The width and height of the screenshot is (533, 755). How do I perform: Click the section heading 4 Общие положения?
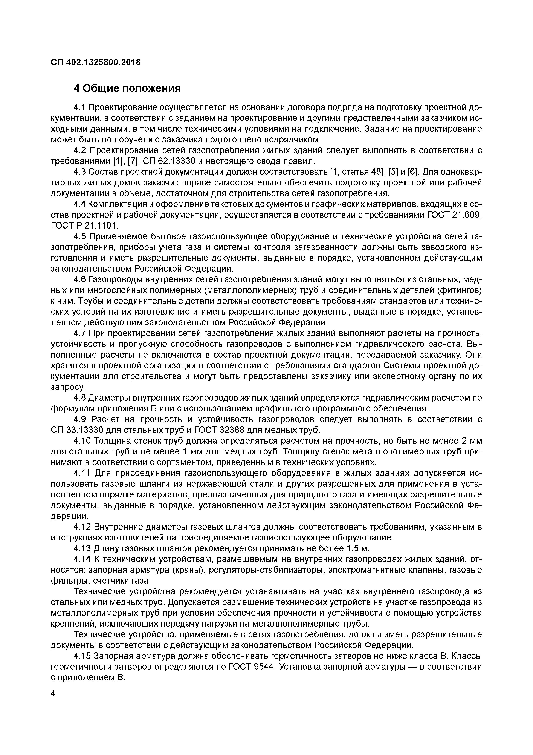click(127, 88)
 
